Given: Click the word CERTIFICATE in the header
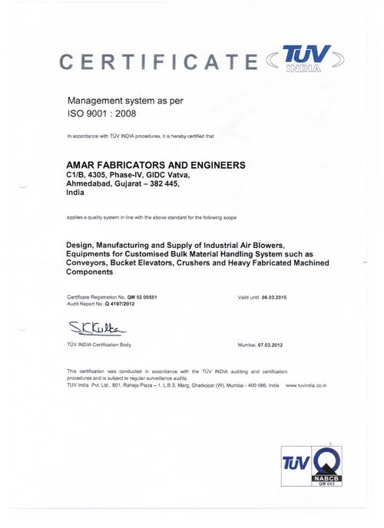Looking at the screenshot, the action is (158, 61).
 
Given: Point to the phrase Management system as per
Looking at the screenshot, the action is (125, 101).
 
